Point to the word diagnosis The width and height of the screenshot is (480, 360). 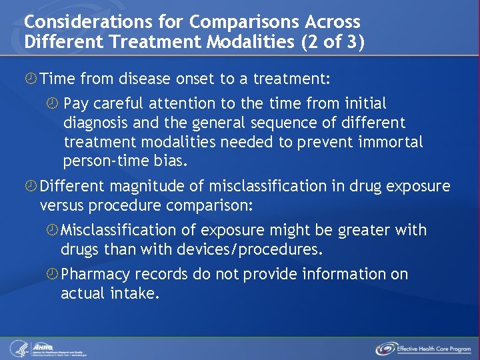(x=96, y=123)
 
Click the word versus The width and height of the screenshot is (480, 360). (x=64, y=206)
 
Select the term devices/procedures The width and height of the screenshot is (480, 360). (x=249, y=249)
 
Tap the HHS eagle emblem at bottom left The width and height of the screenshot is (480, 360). (x=18, y=348)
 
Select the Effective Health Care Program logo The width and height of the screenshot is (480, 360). (x=423, y=348)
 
